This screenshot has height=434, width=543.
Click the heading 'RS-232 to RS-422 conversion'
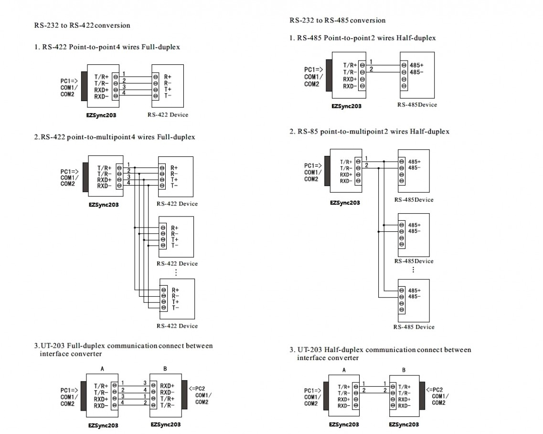coord(82,25)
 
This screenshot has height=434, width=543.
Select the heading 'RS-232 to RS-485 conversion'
coord(337,21)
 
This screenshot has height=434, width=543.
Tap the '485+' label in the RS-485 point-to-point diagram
coord(416,65)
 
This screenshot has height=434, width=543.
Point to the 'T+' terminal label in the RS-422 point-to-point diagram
coord(168,89)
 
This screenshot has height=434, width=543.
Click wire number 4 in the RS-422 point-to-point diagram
coord(123,93)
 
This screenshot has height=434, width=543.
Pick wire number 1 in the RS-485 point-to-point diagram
coord(371,62)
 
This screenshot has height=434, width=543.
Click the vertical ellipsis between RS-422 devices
coord(176,273)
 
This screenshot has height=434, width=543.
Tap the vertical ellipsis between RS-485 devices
coord(413,270)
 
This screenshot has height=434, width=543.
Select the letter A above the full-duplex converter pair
coord(102,369)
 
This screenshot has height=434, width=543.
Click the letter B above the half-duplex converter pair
coord(404,370)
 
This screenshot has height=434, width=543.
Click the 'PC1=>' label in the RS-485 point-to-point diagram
coord(312,69)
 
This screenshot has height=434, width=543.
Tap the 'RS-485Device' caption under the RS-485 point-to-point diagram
coord(417,105)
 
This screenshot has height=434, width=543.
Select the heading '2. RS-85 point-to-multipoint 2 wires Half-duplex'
coord(369,132)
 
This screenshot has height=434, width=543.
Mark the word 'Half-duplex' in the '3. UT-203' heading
coord(344,350)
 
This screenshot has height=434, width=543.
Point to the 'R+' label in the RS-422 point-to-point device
coord(168,76)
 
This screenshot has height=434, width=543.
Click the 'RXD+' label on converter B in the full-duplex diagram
coord(167,385)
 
